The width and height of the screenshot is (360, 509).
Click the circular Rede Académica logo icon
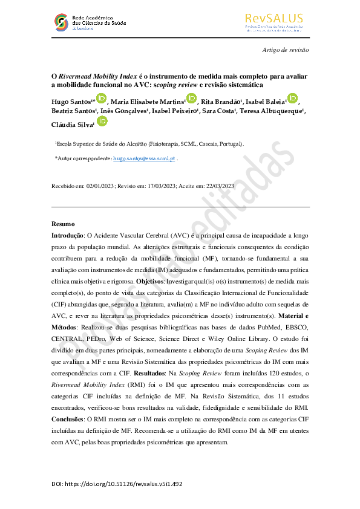tap(61, 23)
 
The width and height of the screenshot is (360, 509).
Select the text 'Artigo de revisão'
tap(285, 51)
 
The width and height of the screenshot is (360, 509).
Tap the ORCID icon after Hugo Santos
tap(101, 99)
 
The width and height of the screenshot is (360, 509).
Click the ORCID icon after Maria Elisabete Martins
tap(191, 99)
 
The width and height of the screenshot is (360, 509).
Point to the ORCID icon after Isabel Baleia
tap(292, 99)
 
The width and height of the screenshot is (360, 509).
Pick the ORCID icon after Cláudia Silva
tap(102, 122)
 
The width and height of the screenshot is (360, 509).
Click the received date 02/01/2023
tap(101, 186)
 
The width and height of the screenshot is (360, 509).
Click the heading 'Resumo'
tap(63, 224)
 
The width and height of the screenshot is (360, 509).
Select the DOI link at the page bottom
tap(117, 484)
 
